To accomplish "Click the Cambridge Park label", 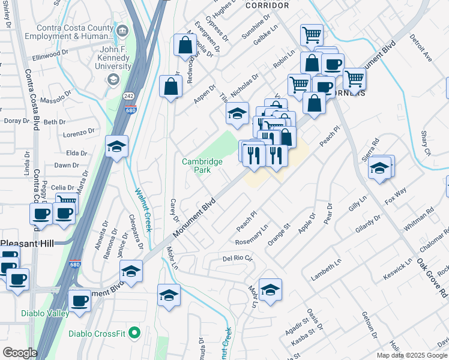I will pyautogui.click(x=202, y=166).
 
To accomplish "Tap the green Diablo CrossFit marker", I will pyautogui.click(x=134, y=332).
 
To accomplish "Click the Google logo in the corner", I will pyautogui.click(x=19, y=353).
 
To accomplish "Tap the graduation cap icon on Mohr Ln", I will pyautogui.click(x=270, y=290).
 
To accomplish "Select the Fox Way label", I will pyautogui.click(x=396, y=197).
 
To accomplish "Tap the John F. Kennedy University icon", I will pyautogui.click(x=112, y=80).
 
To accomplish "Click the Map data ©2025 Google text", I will pyautogui.click(x=412, y=355).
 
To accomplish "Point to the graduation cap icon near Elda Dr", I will pyautogui.click(x=116, y=146).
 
